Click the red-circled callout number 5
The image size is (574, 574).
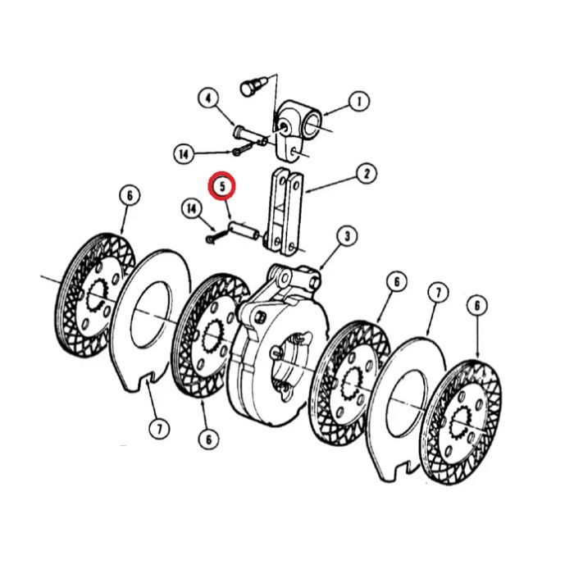click(x=222, y=185)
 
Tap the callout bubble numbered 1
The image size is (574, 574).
click(x=358, y=102)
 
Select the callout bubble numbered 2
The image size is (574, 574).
click(x=366, y=174)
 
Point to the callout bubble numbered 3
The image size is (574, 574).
click(x=347, y=236)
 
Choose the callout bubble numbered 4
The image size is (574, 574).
click(x=208, y=99)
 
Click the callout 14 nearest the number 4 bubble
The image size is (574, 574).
click(x=184, y=154)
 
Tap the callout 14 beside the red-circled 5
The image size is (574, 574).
click(x=192, y=209)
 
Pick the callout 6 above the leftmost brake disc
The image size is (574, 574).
click(x=130, y=195)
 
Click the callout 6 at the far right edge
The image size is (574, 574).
click(x=476, y=305)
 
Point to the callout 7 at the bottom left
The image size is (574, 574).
click(x=159, y=429)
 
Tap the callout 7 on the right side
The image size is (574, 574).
click(x=438, y=293)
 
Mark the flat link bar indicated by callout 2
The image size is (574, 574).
click(x=285, y=212)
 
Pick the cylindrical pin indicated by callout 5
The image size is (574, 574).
click(x=244, y=230)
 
